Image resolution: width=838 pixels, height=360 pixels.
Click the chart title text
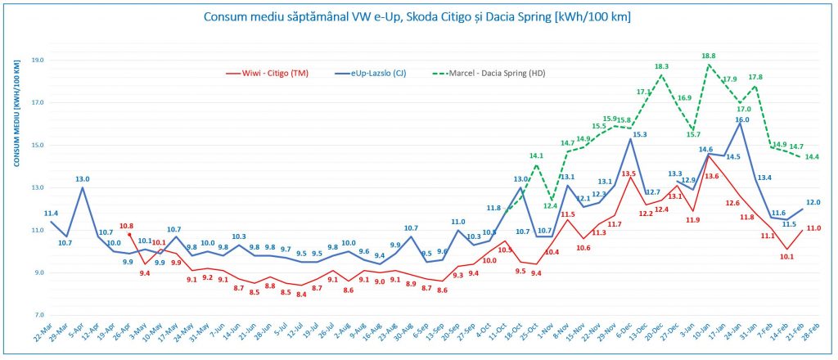(419, 16)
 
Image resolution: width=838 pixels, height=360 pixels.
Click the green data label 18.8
(708, 56)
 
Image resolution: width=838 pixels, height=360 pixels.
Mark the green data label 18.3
(661, 66)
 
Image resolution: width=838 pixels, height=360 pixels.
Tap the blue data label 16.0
(741, 119)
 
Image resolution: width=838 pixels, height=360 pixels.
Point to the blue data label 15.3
(640, 134)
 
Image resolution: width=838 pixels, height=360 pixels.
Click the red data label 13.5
(628, 173)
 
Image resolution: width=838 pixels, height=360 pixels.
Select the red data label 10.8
(126, 226)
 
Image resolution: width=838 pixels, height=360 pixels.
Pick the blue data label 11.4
(51, 213)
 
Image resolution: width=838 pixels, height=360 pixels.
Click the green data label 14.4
(812, 156)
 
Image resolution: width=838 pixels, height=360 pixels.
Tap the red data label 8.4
(302, 295)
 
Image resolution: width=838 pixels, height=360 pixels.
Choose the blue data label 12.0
(813, 201)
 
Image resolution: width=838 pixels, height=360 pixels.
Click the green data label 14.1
(536, 155)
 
